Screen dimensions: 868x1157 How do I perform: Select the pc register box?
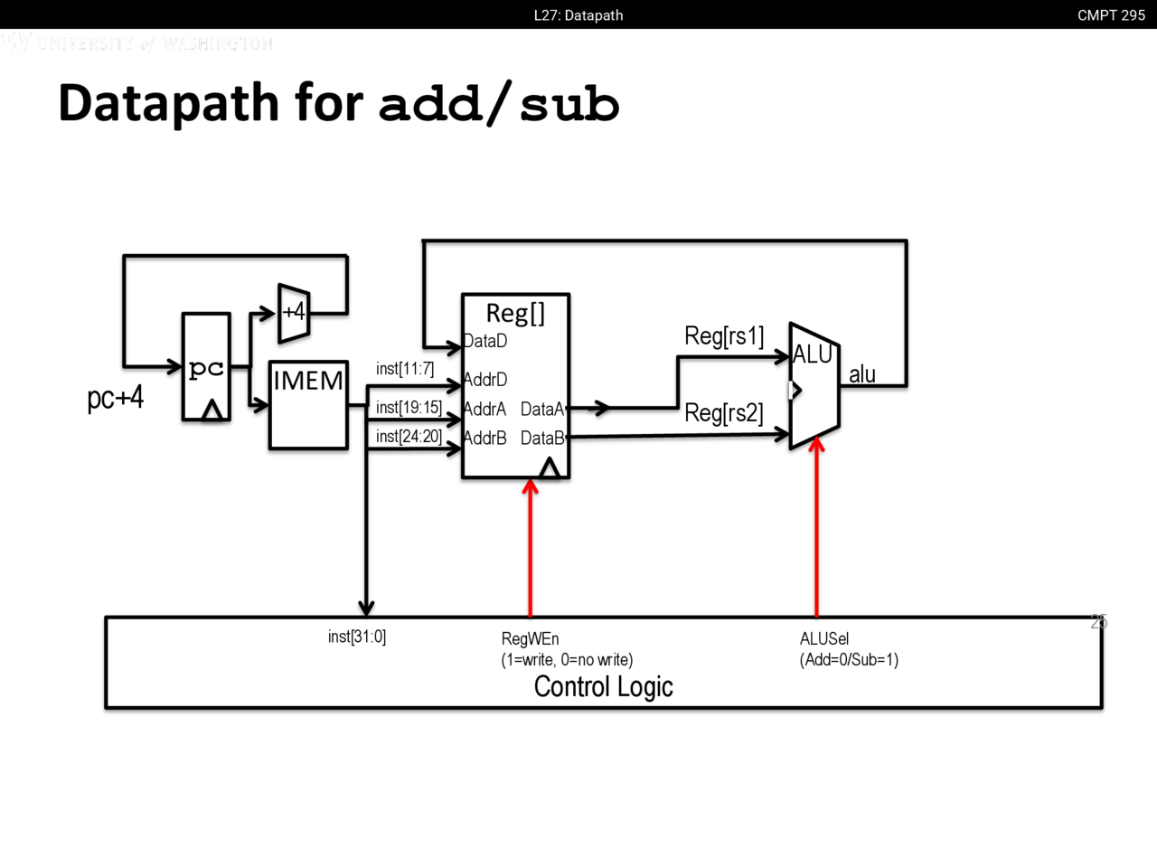pyautogui.click(x=206, y=367)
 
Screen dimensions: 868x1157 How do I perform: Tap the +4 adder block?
pyautogui.click(x=294, y=313)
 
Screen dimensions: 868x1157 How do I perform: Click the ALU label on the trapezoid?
pyautogui.click(x=812, y=354)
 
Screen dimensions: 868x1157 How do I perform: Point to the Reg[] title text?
pyautogui.click(x=515, y=313)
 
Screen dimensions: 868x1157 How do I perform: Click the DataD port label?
pyautogui.click(x=485, y=341)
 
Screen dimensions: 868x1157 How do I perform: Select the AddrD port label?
pyautogui.click(x=485, y=380)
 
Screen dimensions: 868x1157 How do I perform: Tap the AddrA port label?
pyautogui.click(x=484, y=410)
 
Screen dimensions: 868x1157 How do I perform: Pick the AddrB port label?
pyautogui.click(x=484, y=439)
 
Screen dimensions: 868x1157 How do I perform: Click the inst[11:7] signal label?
pyautogui.click(x=405, y=369)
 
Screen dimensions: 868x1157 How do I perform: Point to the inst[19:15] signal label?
pyautogui.click(x=409, y=408)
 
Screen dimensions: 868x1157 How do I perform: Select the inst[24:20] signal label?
pyautogui.click(x=409, y=437)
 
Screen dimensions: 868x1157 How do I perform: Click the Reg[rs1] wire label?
pyautogui.click(x=724, y=336)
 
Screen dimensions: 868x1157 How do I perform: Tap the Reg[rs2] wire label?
pyautogui.click(x=724, y=413)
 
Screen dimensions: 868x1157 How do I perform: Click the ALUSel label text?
pyautogui.click(x=824, y=639)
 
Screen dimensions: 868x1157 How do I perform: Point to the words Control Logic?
pyautogui.click(x=603, y=687)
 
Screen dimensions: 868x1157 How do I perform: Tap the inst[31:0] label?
pyautogui.click(x=357, y=637)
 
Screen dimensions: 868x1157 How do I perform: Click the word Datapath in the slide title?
pyautogui.click(x=168, y=102)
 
